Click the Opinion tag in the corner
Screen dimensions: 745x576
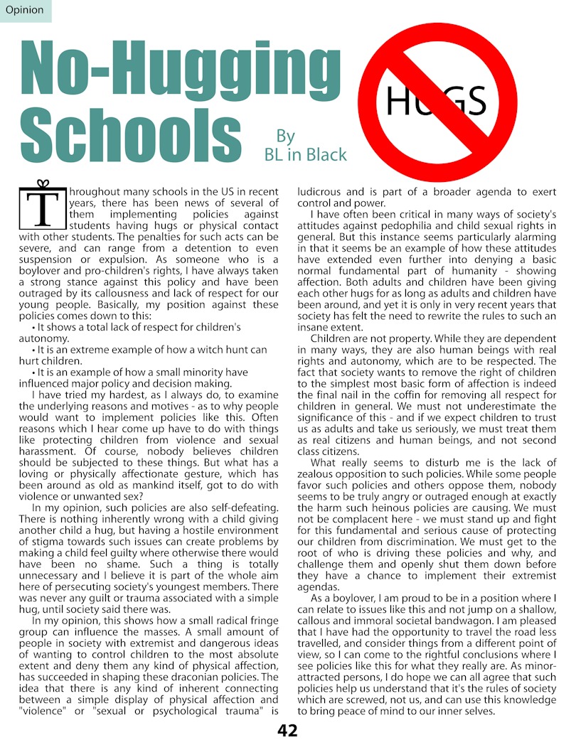coord(24,10)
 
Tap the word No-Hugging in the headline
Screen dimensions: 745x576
coord(179,70)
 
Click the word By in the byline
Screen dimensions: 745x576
coord(285,136)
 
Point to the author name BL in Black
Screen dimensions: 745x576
coord(305,154)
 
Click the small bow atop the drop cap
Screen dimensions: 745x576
coord(43,183)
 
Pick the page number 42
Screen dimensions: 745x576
coord(287,730)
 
